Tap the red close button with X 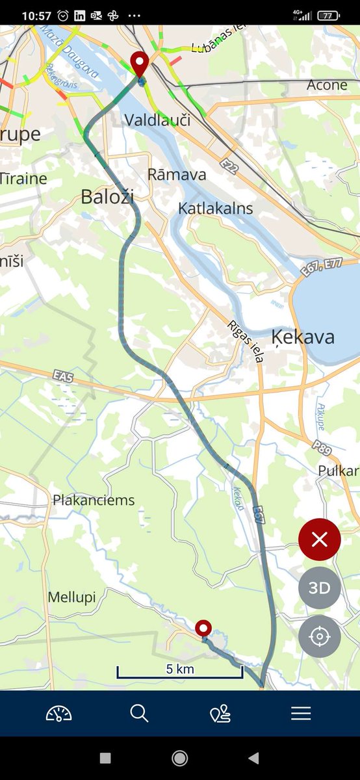[x=320, y=539]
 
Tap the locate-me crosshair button [x=320, y=636]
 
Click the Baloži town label [x=107, y=197]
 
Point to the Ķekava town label [x=302, y=337]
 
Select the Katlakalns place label [x=216, y=209]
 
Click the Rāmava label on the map [x=177, y=174]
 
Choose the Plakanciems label [x=94, y=500]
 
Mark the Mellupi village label [x=71, y=597]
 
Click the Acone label [x=327, y=85]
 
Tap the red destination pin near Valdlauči [x=139, y=64]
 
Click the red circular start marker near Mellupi [x=204, y=628]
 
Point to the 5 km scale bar [x=180, y=672]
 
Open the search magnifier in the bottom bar [x=139, y=714]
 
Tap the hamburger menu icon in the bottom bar [x=301, y=714]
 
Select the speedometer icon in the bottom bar [x=58, y=714]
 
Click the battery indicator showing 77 [x=330, y=15]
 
